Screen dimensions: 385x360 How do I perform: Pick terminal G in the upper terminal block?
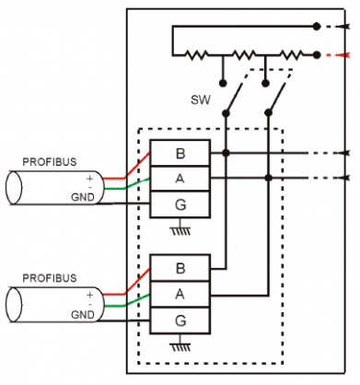click(x=180, y=203)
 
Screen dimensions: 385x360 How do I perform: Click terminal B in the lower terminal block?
click(x=180, y=269)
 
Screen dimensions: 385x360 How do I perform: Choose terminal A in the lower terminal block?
click(x=180, y=294)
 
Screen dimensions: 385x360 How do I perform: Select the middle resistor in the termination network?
click(x=245, y=54)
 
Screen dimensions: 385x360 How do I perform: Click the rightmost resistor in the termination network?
click(x=287, y=54)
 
